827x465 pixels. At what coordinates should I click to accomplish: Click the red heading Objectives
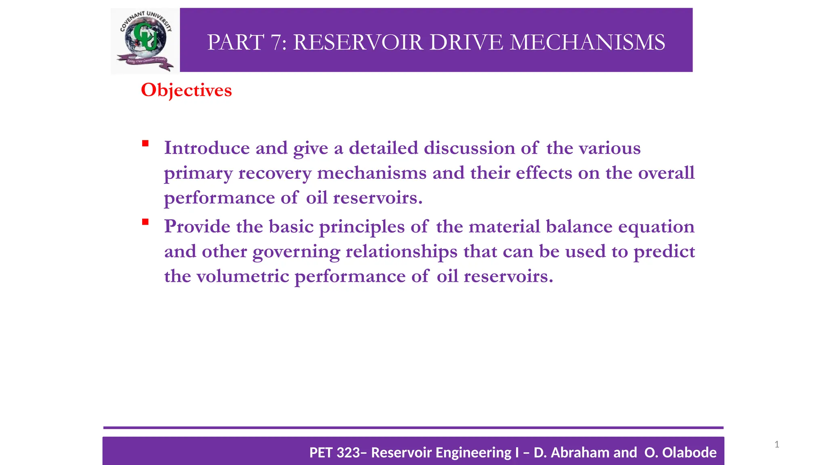coord(186,90)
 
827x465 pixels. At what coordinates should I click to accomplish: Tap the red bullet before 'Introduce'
coord(145,143)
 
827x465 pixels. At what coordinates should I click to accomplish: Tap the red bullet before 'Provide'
coord(145,222)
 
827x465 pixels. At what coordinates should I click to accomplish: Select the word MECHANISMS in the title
coord(587,42)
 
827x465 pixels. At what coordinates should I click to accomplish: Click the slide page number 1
coord(777,444)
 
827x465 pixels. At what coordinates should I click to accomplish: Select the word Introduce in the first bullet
coord(207,148)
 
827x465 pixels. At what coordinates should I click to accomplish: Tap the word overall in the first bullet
coord(666,173)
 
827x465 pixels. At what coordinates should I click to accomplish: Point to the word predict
coord(664,252)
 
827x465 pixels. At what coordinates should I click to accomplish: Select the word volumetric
coord(243,276)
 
